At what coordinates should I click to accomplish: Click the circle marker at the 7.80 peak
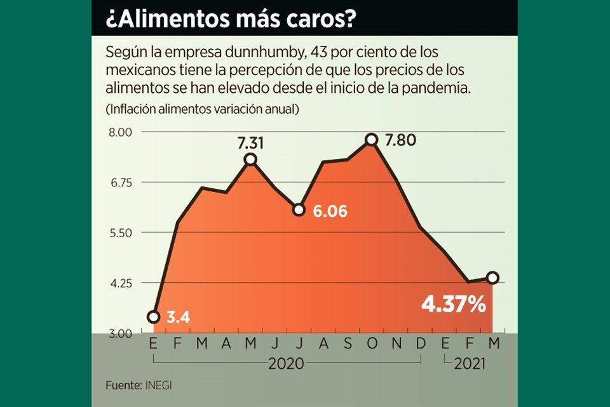[x=372, y=140]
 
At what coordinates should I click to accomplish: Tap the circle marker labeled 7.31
[x=250, y=159]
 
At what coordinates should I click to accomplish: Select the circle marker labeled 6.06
[x=299, y=209]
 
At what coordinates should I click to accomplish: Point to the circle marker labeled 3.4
[x=153, y=317]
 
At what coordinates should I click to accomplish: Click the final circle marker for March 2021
[x=492, y=277]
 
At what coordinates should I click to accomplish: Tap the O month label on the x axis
[x=372, y=345]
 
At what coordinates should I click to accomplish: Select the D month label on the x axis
[x=421, y=345]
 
